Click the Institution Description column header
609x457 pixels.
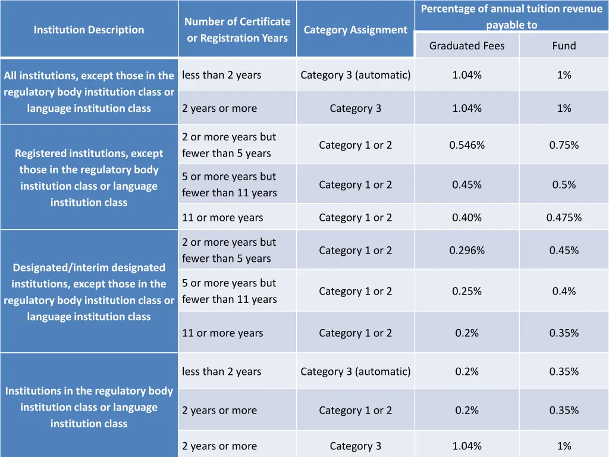coord(89,30)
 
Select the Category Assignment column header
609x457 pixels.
coord(355,30)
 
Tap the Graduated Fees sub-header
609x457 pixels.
coord(467,46)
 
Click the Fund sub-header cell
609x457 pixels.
coord(564,46)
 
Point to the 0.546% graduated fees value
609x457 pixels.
coord(467,145)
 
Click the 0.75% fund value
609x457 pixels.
coord(564,145)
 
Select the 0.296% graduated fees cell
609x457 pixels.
coord(467,251)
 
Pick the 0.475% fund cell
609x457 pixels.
coord(564,218)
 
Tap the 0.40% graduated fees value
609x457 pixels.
coord(467,218)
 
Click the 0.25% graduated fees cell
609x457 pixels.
coord(467,291)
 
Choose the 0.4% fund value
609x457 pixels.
coord(564,291)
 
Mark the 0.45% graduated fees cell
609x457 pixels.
coord(467,185)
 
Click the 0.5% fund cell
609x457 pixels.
coord(564,185)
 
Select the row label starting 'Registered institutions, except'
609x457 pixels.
coord(89,178)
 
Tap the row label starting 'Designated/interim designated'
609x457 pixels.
coord(89,292)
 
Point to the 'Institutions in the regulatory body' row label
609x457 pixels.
coord(89,407)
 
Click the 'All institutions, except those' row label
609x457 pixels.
coord(89,92)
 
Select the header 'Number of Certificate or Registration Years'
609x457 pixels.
coord(237,30)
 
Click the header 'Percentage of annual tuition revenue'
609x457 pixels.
coord(511,17)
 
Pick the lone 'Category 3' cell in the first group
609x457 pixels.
coord(355,108)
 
